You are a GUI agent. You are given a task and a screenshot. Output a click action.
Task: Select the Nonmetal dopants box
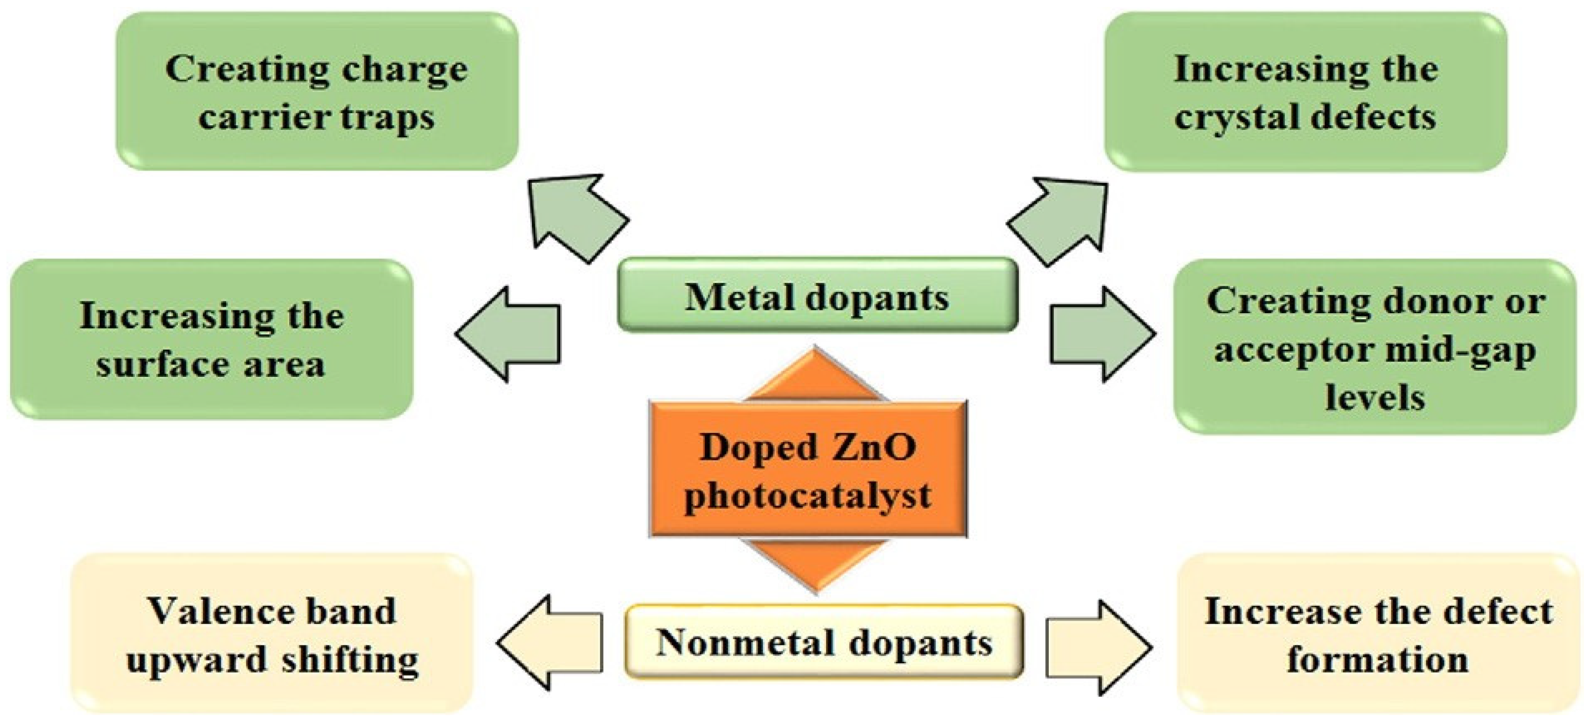(x=824, y=642)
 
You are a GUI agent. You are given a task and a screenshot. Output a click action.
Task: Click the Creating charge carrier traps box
(x=317, y=91)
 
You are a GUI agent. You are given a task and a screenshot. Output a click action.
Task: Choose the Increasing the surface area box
(x=211, y=340)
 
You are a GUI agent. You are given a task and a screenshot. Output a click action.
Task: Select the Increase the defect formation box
(x=1378, y=635)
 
